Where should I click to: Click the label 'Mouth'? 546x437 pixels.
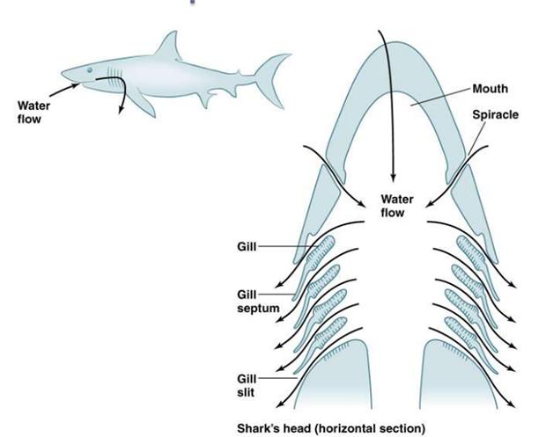pyautogui.click(x=491, y=90)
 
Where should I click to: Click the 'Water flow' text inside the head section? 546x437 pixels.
pyautogui.click(x=397, y=205)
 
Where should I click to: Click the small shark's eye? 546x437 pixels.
pyautogui.click(x=88, y=70)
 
